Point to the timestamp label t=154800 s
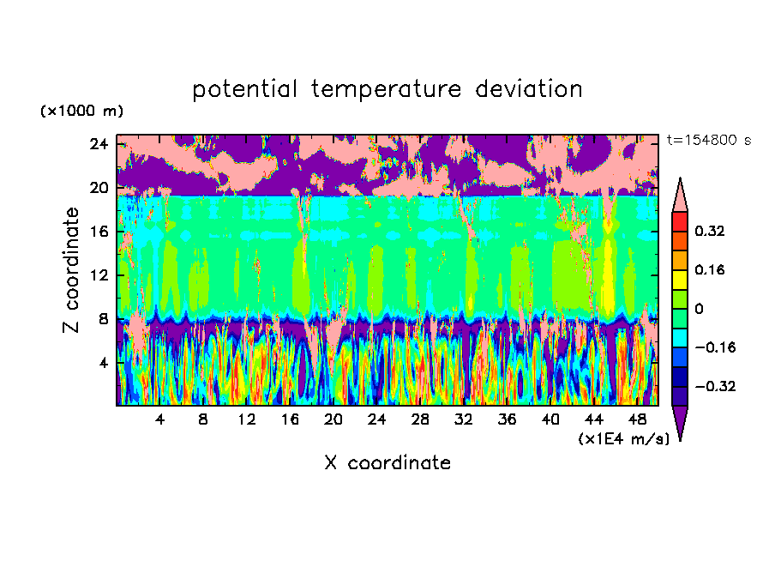pos(709,141)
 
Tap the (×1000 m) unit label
pos(81,112)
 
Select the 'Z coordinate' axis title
pos(72,270)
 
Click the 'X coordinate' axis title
pos(387,463)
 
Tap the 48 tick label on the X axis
pos(637,420)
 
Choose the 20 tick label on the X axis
pos(333,420)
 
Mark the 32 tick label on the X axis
pos(464,420)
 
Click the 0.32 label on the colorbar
pos(710,231)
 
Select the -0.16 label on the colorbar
pos(713,347)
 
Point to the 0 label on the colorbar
pos(700,309)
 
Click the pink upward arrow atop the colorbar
pos(680,195)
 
